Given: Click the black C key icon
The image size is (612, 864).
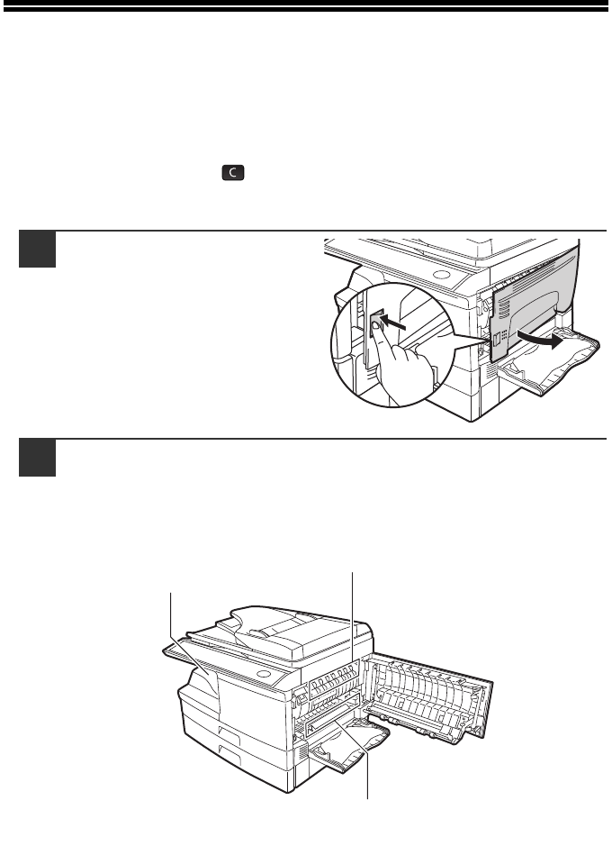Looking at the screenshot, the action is click(x=233, y=172).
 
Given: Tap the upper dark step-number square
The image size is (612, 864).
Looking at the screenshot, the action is click(x=38, y=250).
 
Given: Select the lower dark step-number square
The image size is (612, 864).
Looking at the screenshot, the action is click(x=38, y=458).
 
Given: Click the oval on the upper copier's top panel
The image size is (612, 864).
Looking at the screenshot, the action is click(x=441, y=275).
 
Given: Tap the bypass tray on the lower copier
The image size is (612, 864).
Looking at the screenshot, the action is click(x=346, y=747).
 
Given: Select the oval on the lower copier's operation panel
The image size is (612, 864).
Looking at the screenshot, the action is click(x=265, y=675).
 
